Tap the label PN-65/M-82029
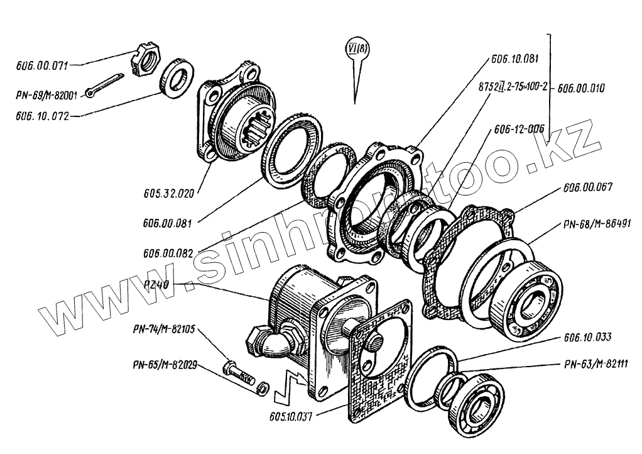point(164,363)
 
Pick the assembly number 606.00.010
point(581,89)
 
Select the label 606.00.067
point(588,187)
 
